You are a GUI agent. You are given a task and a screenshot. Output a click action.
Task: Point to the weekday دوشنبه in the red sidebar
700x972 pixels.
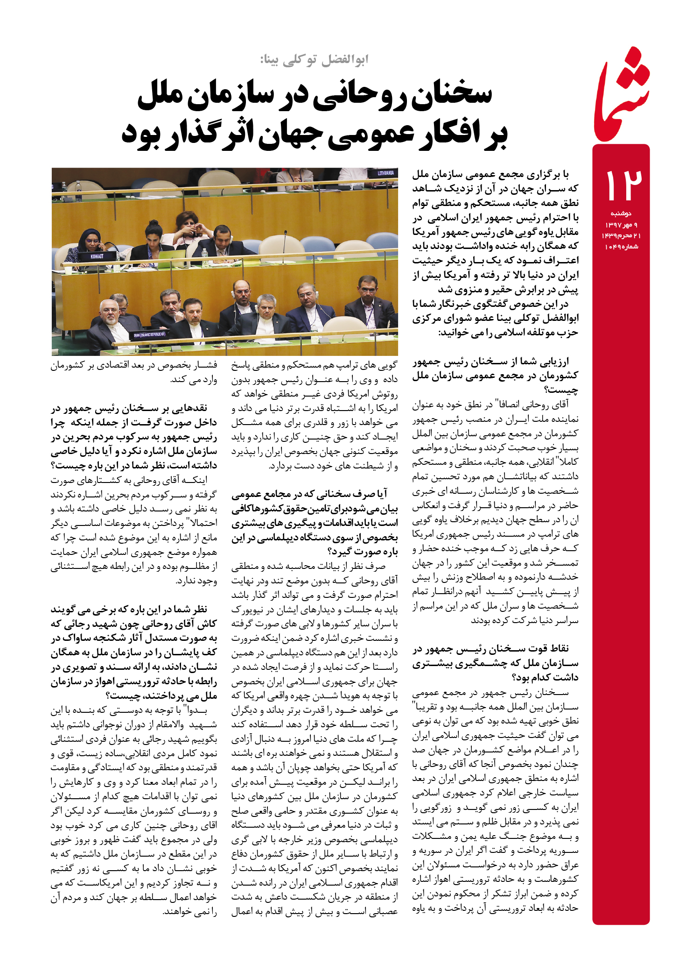pos(621,213)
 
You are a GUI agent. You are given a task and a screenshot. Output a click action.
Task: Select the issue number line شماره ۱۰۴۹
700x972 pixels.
pos(621,247)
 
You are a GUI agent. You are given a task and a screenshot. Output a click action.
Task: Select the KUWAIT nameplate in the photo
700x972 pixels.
pos(97,256)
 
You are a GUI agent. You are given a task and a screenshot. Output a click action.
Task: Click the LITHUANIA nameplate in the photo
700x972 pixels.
pos(385,173)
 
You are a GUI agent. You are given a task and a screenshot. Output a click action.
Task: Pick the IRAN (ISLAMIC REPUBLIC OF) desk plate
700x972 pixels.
pos(149,334)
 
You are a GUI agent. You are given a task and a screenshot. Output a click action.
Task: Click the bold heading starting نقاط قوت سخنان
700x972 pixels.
pos(495,662)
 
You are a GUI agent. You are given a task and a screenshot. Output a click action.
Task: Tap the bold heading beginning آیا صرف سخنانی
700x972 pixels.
pos(315,522)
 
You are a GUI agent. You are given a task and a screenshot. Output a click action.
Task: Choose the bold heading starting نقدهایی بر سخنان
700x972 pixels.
pos(134,437)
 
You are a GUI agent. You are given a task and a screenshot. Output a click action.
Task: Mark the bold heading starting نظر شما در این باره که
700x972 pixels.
pos(134,653)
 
